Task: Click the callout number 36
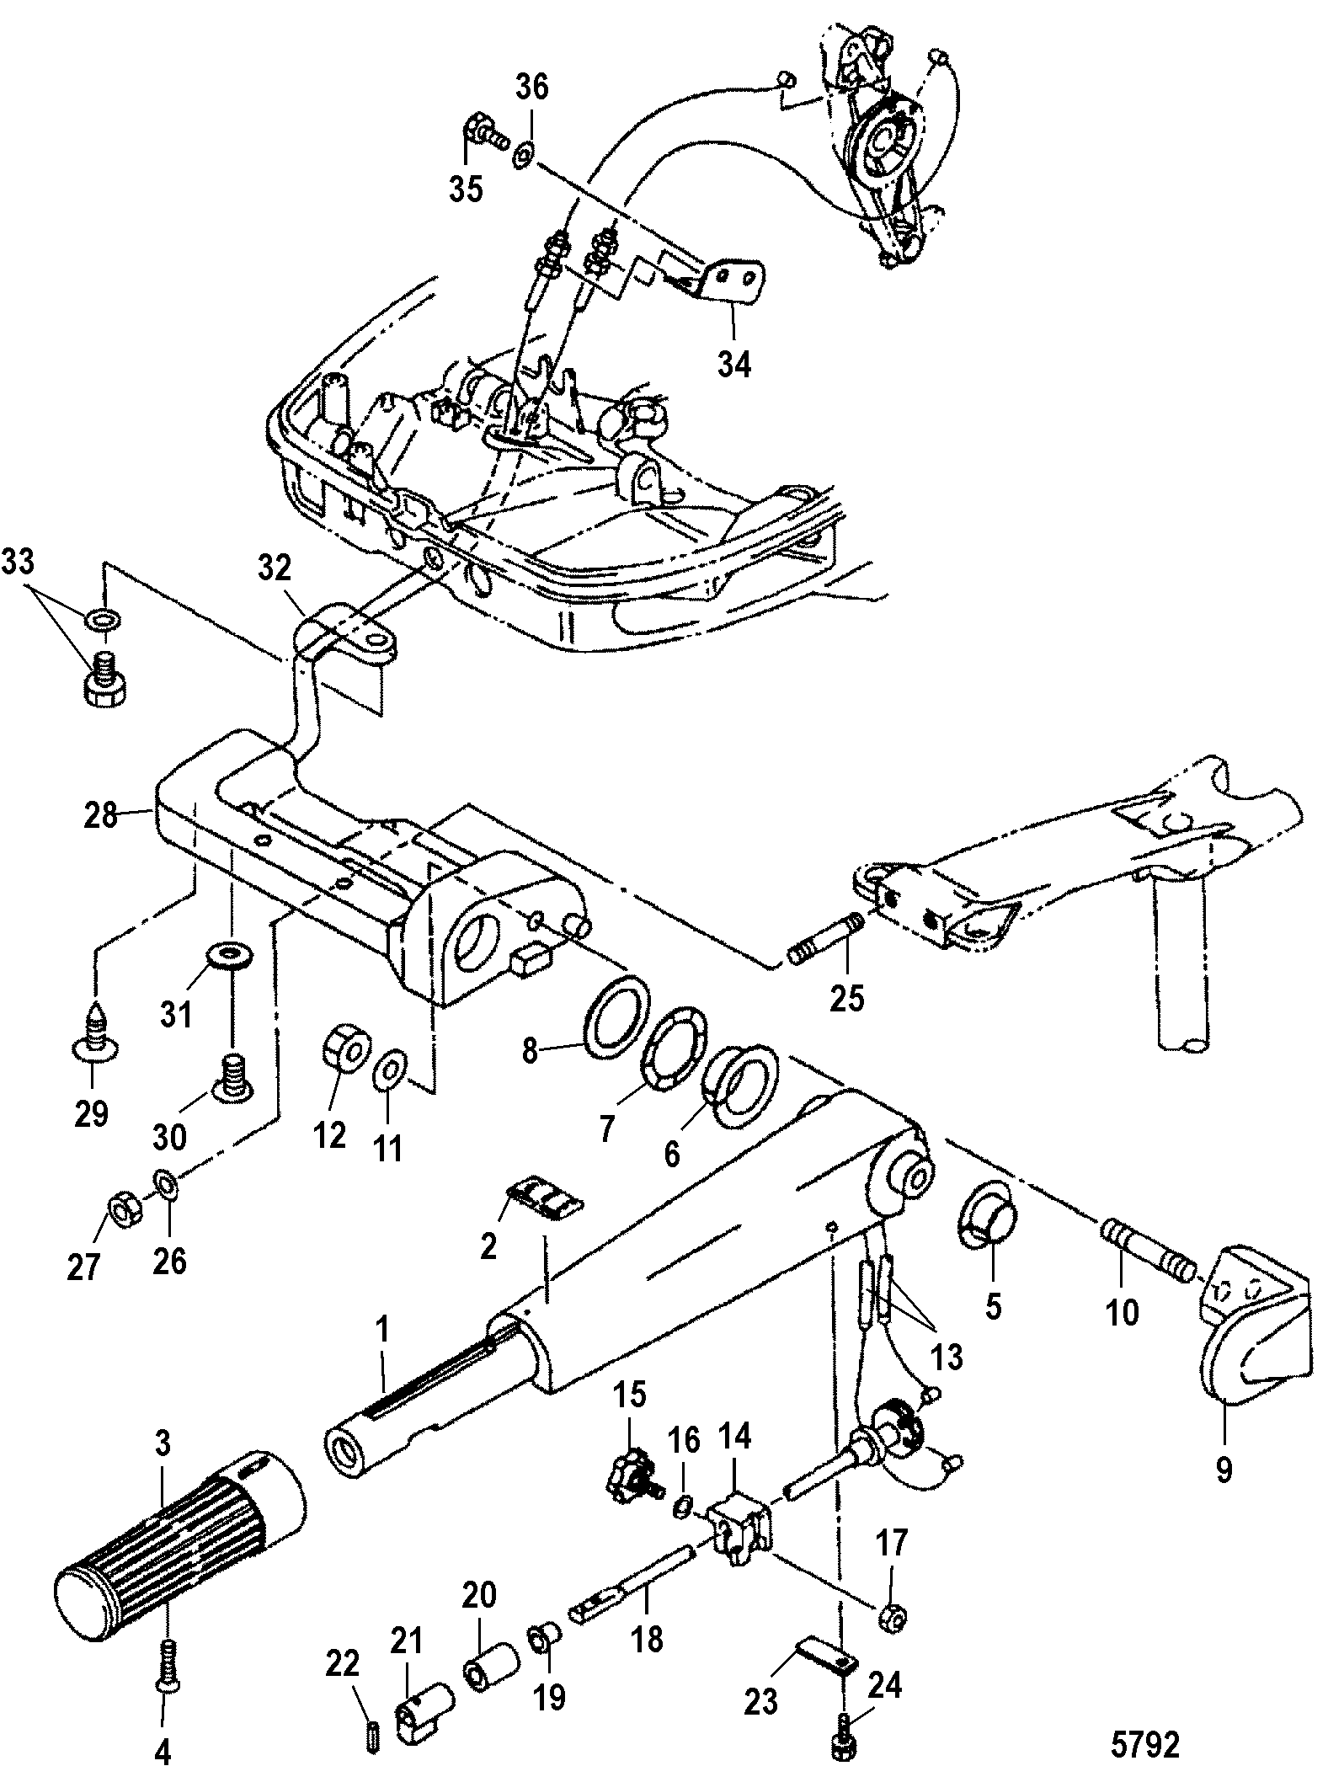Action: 533,88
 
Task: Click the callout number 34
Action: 733,364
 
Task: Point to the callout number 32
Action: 274,569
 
